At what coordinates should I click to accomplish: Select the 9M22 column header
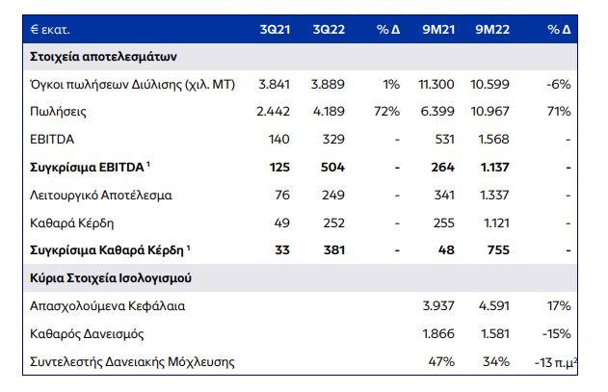(x=491, y=29)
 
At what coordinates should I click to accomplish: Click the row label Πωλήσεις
(x=60, y=112)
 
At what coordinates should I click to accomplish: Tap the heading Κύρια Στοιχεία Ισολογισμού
(x=108, y=279)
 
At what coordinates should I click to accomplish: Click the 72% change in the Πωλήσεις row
(x=386, y=112)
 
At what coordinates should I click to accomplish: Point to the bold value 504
(x=333, y=168)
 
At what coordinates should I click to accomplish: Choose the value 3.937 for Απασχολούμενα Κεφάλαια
(x=438, y=306)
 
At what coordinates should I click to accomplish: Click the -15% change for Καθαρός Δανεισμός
(x=556, y=334)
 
